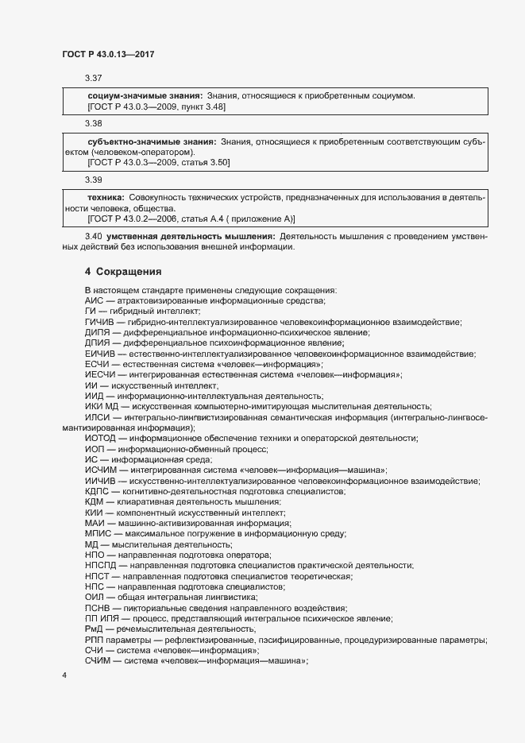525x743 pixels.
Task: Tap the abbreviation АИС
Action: tap(94, 301)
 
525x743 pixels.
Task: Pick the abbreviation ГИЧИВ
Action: tap(99, 322)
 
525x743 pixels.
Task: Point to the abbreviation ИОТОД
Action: tap(100, 438)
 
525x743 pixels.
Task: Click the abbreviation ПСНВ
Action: tap(97, 607)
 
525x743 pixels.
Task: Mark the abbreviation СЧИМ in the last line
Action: tap(98, 660)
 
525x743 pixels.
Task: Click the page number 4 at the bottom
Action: tap(64, 675)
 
